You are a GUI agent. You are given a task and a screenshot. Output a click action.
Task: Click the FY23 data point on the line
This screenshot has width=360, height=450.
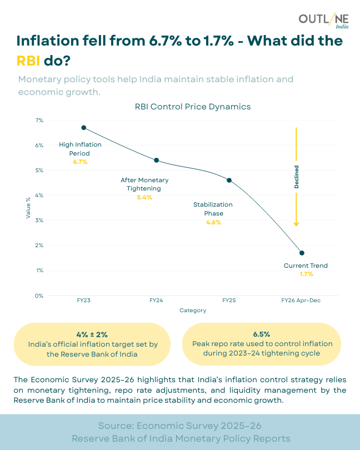point(84,127)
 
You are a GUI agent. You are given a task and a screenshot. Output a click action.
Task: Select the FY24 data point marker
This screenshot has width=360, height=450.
point(156,160)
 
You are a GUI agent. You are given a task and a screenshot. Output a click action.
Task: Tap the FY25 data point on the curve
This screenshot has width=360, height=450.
point(229,180)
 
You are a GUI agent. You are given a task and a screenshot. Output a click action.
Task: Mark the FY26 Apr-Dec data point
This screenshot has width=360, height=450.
point(302,253)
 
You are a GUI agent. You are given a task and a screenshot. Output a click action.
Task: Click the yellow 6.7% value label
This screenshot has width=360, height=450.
point(80,162)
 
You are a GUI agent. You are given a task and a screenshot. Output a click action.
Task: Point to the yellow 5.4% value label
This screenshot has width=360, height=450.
point(144,197)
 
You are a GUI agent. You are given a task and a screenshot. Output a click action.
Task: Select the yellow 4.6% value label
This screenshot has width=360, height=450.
point(213,222)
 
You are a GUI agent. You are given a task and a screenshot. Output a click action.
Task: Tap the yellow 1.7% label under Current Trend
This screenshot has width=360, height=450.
point(306,274)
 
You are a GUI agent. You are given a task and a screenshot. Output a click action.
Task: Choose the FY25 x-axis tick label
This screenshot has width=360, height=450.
point(229,300)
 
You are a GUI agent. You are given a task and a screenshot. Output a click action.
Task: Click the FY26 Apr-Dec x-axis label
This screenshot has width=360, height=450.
point(302,300)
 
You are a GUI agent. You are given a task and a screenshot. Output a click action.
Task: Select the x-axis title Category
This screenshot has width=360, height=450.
point(193,311)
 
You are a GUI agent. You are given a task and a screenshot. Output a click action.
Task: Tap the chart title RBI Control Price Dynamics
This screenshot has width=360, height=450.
point(193,106)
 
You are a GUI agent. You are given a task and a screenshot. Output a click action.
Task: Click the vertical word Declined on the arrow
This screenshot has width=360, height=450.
point(296,177)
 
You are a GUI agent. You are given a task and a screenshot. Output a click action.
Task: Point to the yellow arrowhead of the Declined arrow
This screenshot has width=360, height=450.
point(297,223)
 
